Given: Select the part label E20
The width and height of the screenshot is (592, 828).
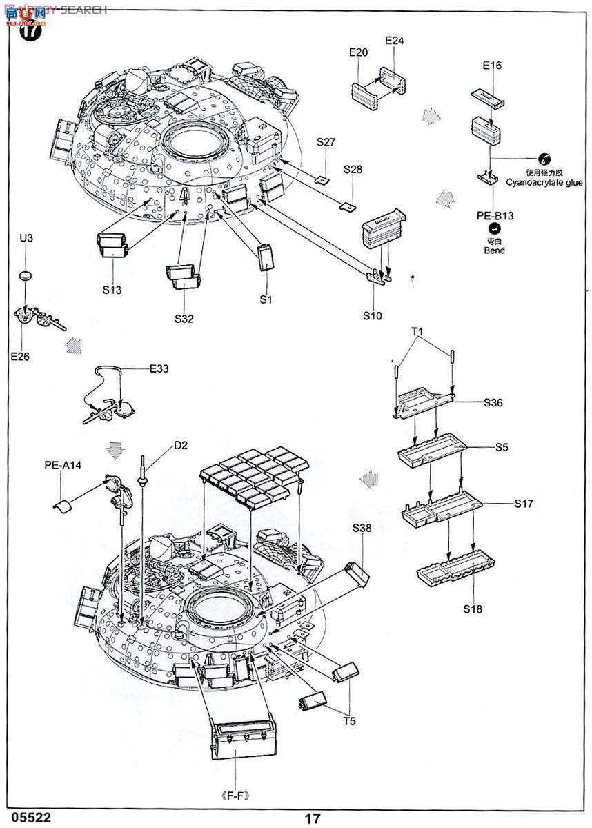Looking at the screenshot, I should click(359, 52).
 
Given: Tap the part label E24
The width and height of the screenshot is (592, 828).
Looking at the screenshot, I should click(394, 41).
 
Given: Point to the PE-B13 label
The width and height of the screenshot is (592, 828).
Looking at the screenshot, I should click(495, 216).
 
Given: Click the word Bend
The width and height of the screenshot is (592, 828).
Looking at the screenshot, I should click(494, 250).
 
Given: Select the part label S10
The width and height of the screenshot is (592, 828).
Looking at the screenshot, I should click(373, 315).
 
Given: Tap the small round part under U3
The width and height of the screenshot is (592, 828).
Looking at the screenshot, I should click(26, 275).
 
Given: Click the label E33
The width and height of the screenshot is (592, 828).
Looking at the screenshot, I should click(159, 369).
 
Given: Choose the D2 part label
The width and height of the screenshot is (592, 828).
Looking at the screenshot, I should click(181, 445).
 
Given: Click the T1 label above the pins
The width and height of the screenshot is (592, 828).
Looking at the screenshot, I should click(418, 331).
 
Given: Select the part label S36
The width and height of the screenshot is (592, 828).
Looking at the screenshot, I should click(493, 402).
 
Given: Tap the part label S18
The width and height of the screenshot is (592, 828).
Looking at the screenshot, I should click(473, 609).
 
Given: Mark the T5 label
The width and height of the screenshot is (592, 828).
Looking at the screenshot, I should click(350, 722).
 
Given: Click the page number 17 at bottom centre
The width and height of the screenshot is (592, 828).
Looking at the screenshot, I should click(313, 818).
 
